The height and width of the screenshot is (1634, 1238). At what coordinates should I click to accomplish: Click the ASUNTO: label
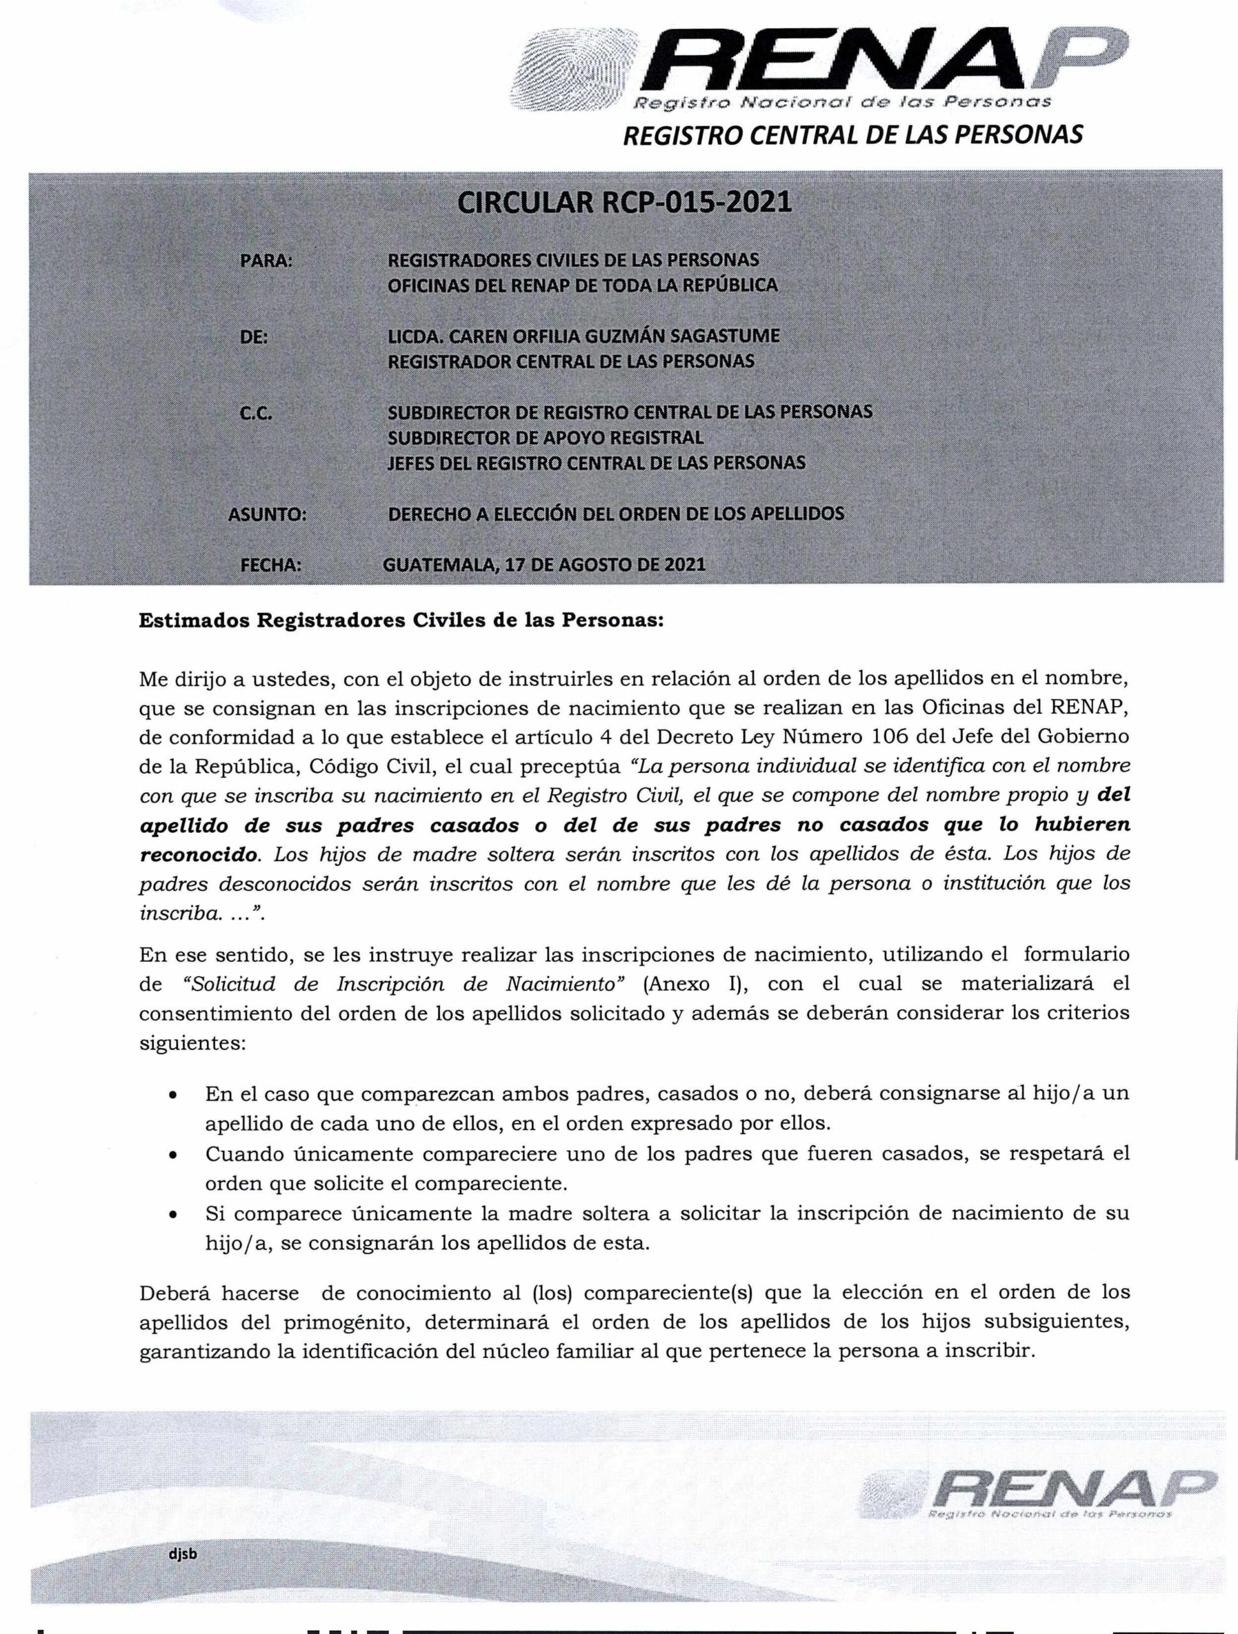click(x=268, y=515)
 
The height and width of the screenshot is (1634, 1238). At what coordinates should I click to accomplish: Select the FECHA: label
click(x=271, y=566)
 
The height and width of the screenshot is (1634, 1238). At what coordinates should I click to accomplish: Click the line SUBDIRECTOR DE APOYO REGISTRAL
click(x=545, y=438)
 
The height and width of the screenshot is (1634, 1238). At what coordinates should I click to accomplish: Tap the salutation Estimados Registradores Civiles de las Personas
click(x=402, y=620)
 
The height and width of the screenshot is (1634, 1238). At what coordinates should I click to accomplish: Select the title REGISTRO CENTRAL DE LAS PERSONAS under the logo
click(x=853, y=135)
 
